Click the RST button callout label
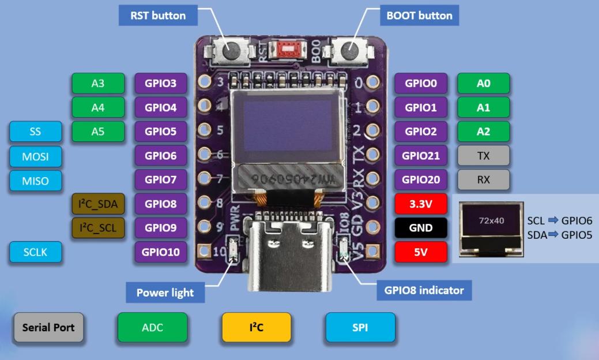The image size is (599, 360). point(158,15)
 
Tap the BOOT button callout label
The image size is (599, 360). point(419,15)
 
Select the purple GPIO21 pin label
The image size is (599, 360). point(421,155)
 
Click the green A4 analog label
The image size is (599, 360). point(98,107)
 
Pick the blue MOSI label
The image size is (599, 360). point(35,156)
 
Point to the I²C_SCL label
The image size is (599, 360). point(98,228)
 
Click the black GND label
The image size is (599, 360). point(421,228)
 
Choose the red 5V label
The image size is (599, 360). point(421,252)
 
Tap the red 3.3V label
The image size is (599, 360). point(421,204)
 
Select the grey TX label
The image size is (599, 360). point(483,155)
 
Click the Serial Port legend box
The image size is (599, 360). point(48,327)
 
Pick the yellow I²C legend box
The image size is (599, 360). point(257,327)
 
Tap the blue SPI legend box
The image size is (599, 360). point(360,327)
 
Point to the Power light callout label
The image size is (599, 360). point(165,292)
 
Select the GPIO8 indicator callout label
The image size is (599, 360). point(424,290)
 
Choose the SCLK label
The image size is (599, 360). point(35,252)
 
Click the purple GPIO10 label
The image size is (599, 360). point(161,252)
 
